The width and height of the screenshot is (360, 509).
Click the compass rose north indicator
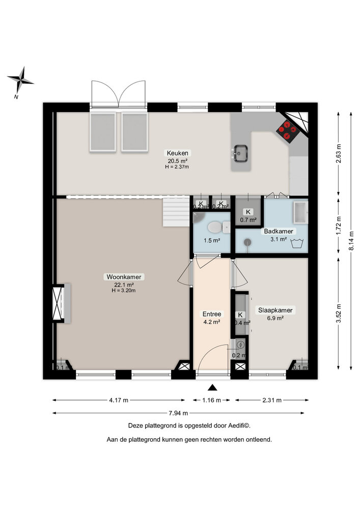point(20,80)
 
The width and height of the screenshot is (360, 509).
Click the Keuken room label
point(177,153)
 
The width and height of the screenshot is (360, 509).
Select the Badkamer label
point(275,231)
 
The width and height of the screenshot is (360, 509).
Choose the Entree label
point(212,314)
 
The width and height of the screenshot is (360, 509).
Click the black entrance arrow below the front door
point(212,388)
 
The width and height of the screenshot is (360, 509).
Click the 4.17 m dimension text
point(119,400)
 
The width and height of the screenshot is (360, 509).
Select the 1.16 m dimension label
point(212,400)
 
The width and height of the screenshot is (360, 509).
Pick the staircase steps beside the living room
point(175,212)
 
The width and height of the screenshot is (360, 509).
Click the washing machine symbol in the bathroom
point(297,244)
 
